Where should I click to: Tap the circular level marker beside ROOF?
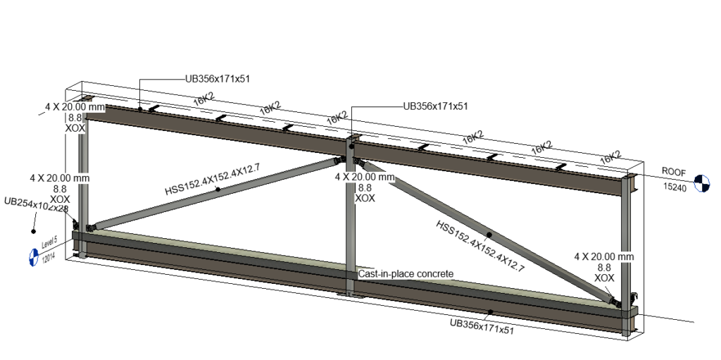[x=701, y=182]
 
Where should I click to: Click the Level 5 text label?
[x=49, y=244]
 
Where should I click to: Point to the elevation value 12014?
[x=49, y=259]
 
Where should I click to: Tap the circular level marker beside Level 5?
[x=32, y=257]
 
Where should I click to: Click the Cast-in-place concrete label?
[x=405, y=273]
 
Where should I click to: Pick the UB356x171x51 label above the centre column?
[x=434, y=106]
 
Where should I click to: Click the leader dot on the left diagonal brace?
[x=218, y=190]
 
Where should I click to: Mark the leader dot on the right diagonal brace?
[x=489, y=234]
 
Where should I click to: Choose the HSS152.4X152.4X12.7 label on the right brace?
[x=480, y=246]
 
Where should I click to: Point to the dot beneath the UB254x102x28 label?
[x=33, y=231]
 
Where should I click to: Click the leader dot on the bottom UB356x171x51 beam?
[x=490, y=311]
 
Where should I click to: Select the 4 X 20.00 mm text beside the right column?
[x=604, y=256]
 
